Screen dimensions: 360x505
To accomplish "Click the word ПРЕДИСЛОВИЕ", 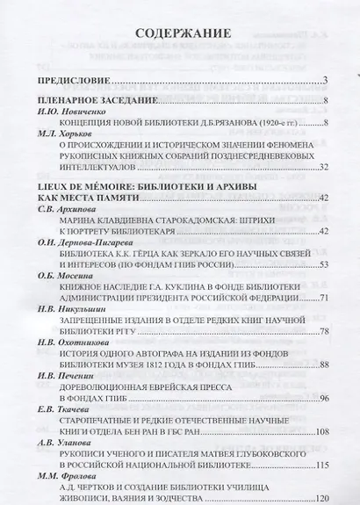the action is (72, 82).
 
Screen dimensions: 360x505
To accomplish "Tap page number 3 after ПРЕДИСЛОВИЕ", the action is (324, 82).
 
